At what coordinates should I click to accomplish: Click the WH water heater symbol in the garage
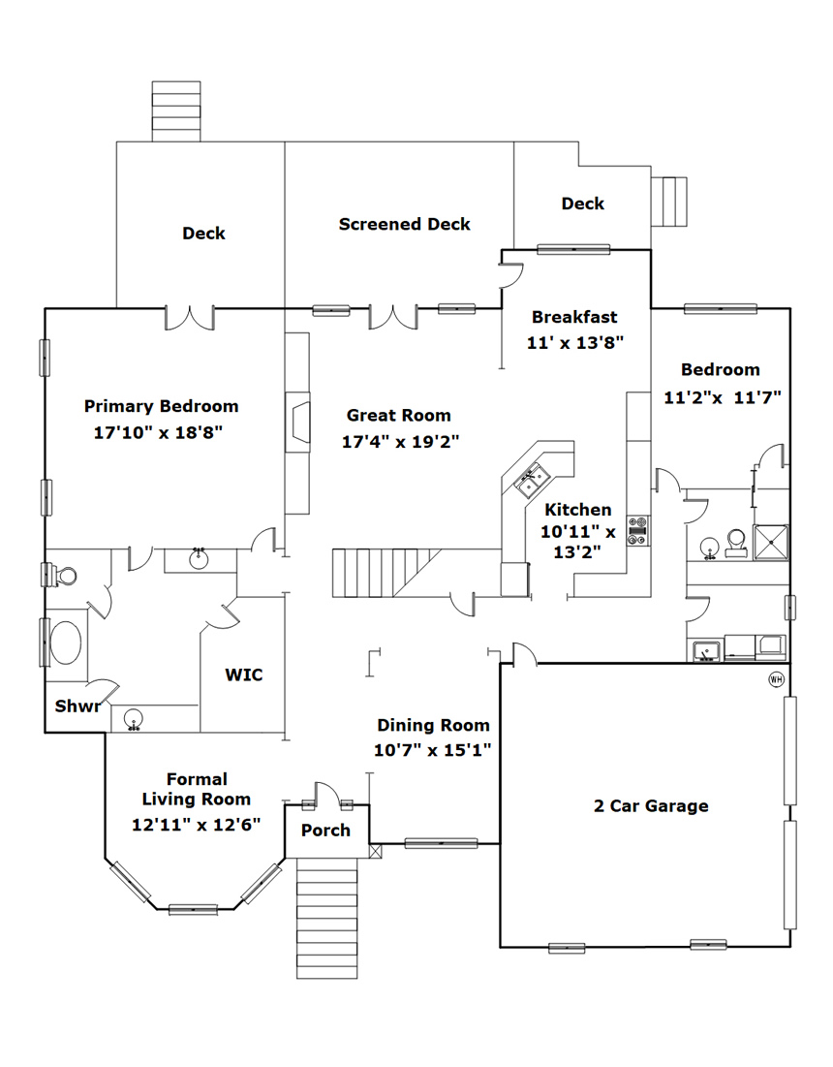click(776, 679)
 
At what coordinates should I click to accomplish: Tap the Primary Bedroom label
click(161, 406)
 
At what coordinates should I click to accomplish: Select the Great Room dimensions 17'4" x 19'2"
click(401, 442)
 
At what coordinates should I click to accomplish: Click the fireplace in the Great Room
click(297, 422)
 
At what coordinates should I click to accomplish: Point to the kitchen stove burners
click(637, 531)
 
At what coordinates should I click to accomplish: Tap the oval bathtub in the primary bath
click(66, 642)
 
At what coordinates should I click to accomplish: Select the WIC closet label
click(244, 675)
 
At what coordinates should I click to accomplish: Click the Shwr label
click(77, 706)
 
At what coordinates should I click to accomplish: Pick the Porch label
click(325, 831)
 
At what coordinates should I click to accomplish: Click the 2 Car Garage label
click(651, 805)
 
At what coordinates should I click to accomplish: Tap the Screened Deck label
click(405, 224)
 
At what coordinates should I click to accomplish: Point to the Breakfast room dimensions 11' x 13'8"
click(575, 342)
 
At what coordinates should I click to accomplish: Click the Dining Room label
click(433, 726)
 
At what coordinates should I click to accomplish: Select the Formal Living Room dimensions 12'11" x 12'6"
click(197, 825)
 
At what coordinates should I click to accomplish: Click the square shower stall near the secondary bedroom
click(771, 543)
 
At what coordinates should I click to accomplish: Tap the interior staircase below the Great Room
click(386, 573)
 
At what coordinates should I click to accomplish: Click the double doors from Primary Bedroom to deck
click(190, 319)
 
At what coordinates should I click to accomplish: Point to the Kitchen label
click(578, 510)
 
